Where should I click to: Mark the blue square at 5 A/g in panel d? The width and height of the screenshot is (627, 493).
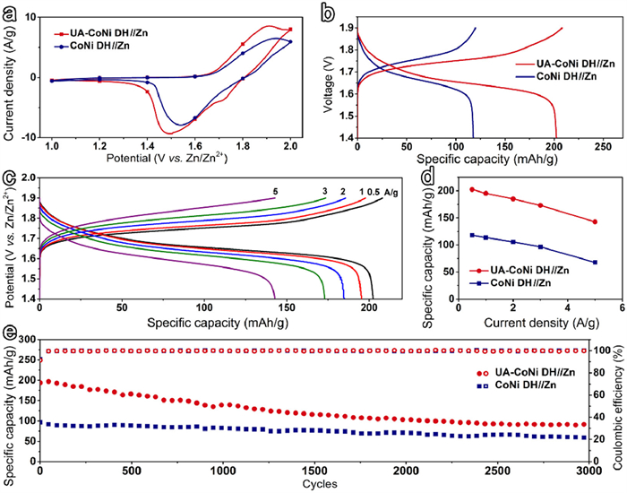click(x=595, y=263)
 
